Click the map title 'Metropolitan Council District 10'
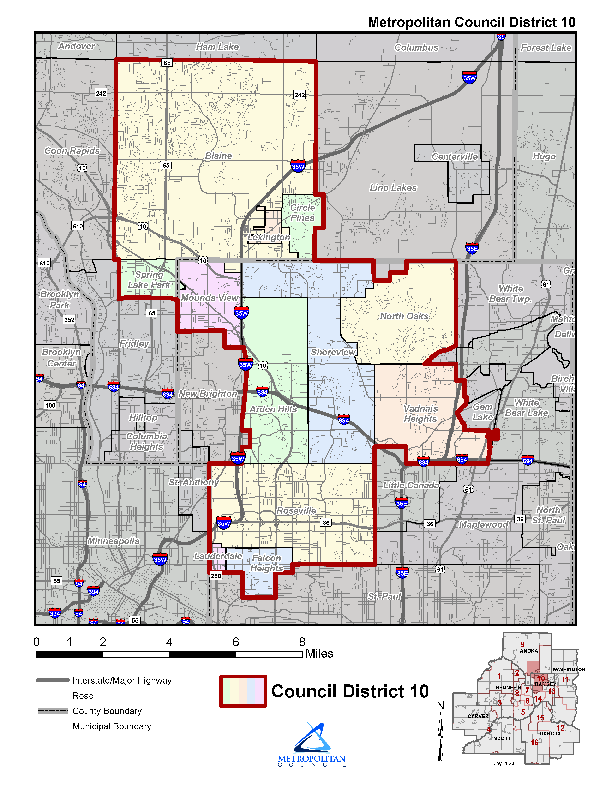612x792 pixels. point(471,23)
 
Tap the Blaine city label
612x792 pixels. point(219,156)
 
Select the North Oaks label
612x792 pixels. point(404,316)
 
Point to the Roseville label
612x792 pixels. point(296,510)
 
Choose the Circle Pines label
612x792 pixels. point(303,213)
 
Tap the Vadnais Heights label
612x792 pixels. point(420,414)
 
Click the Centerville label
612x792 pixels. point(455,157)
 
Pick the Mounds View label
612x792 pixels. point(210,298)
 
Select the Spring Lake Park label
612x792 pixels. point(149,280)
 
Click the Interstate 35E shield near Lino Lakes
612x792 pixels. point(472,248)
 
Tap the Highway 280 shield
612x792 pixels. point(216,576)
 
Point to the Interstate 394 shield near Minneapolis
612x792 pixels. point(94,591)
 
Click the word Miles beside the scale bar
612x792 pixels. point(319,654)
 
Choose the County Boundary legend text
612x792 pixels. point(107,711)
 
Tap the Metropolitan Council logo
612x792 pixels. point(312,744)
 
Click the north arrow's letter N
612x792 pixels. point(440,705)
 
